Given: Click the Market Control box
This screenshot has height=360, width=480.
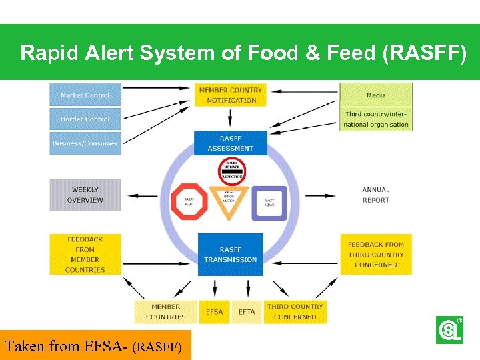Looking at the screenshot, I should click(x=85, y=95).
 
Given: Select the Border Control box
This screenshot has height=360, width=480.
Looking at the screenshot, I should click(x=85, y=119).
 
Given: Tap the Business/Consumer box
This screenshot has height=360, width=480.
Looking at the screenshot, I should click(x=85, y=143).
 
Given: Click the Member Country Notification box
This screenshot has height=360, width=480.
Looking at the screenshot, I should click(x=231, y=95).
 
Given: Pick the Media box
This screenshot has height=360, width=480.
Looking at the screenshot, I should click(x=376, y=95).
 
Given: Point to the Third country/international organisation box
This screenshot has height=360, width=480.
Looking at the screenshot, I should click(x=376, y=119).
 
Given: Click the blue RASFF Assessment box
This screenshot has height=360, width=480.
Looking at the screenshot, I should click(x=230, y=143).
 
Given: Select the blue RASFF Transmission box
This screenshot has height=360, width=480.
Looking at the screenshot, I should click(x=230, y=254).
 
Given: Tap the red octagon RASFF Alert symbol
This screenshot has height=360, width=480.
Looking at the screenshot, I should click(x=189, y=202).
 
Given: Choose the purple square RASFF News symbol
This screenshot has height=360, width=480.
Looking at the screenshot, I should click(x=269, y=203).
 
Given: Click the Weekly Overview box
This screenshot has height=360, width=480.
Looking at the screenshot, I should click(x=85, y=195).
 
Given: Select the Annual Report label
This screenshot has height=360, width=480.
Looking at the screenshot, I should click(x=376, y=195).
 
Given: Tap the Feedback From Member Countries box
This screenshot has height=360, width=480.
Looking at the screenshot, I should click(x=85, y=254).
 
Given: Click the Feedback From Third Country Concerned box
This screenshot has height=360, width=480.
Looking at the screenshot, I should click(x=376, y=254).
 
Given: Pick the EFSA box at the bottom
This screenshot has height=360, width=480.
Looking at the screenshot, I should click(x=214, y=311).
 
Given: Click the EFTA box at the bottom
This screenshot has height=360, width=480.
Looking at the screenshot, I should click(x=247, y=311).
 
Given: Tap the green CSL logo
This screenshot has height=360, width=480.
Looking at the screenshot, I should click(x=449, y=330).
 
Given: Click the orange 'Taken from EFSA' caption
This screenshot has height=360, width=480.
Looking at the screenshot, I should click(x=95, y=345).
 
